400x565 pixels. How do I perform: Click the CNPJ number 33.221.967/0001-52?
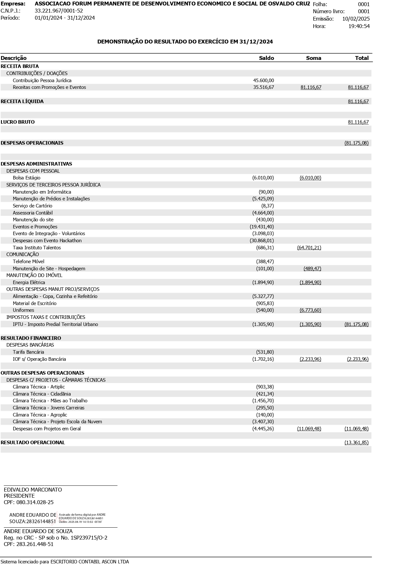[59, 11]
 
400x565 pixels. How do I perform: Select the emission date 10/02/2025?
[356, 19]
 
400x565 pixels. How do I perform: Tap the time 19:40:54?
[359, 26]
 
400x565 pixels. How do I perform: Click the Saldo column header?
[266, 58]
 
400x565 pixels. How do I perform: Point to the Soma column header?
[313, 58]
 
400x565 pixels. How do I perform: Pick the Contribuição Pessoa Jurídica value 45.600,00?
[263, 80]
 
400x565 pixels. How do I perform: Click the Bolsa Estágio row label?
[26, 178]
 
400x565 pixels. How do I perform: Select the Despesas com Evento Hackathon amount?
[261, 241]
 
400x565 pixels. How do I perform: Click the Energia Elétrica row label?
[29, 282]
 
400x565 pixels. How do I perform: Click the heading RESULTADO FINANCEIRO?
[31, 338]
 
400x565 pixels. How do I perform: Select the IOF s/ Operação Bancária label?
[39, 359]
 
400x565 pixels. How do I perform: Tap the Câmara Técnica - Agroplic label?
[40, 415]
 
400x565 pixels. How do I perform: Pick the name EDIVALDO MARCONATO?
[33, 490]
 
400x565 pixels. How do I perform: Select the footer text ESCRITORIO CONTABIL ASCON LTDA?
[90, 562]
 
